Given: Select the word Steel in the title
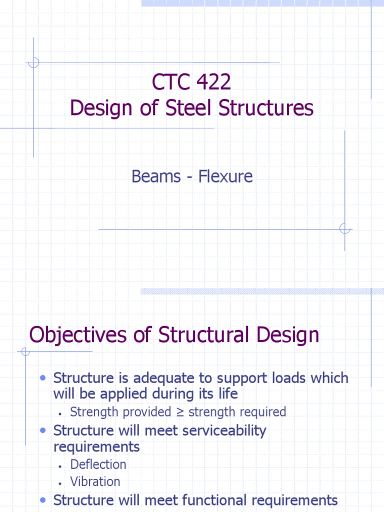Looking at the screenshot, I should click(x=195, y=108).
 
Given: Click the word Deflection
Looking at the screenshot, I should click(x=98, y=464).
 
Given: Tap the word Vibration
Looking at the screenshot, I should click(x=95, y=481).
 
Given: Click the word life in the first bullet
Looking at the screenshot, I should click(x=227, y=394).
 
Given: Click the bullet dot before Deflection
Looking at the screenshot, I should click(x=59, y=466).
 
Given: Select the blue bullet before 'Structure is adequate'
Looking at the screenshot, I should click(x=43, y=378).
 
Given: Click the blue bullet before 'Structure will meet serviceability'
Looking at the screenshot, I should click(x=43, y=430).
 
